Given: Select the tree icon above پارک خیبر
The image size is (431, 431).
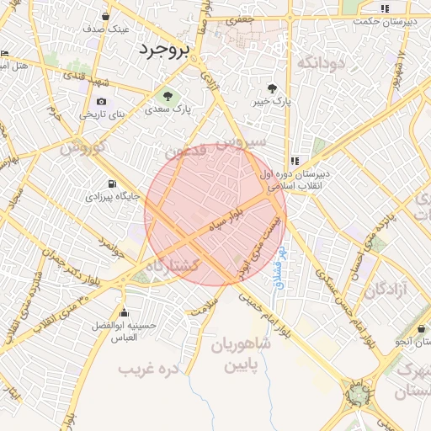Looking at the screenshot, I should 271,88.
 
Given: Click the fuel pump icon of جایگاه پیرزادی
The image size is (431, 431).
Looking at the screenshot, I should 112,184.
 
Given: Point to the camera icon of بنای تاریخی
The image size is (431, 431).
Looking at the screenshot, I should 102,101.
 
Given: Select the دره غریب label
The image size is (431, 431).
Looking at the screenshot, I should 150,369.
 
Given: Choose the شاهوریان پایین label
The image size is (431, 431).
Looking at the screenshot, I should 247,356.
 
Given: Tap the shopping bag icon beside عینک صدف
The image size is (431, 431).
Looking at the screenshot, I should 105,16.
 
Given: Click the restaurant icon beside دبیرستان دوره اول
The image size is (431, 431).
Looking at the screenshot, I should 294,160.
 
